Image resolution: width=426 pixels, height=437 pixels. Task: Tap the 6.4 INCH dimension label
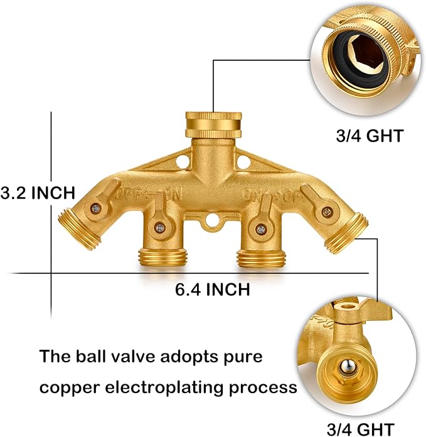pos(213,289)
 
